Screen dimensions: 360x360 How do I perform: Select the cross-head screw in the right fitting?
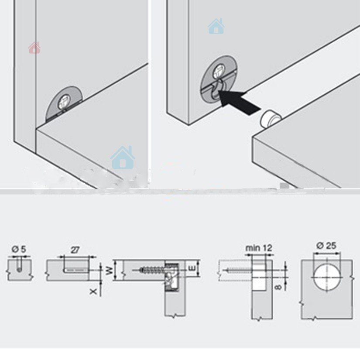[x=219, y=71]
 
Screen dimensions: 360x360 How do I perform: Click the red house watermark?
[x=34, y=48]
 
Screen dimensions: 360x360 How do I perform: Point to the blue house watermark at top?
[x=216, y=26]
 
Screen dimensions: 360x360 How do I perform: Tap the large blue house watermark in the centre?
[x=123, y=158]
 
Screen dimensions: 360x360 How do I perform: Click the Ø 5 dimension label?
[x=19, y=249]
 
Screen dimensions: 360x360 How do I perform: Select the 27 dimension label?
[x=75, y=250]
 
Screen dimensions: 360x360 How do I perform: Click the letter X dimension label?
[x=93, y=291]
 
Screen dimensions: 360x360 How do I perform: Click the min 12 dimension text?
[x=259, y=248]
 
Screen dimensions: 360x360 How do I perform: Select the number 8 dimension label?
[x=278, y=287]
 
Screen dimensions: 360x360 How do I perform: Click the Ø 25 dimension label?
[x=326, y=246]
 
